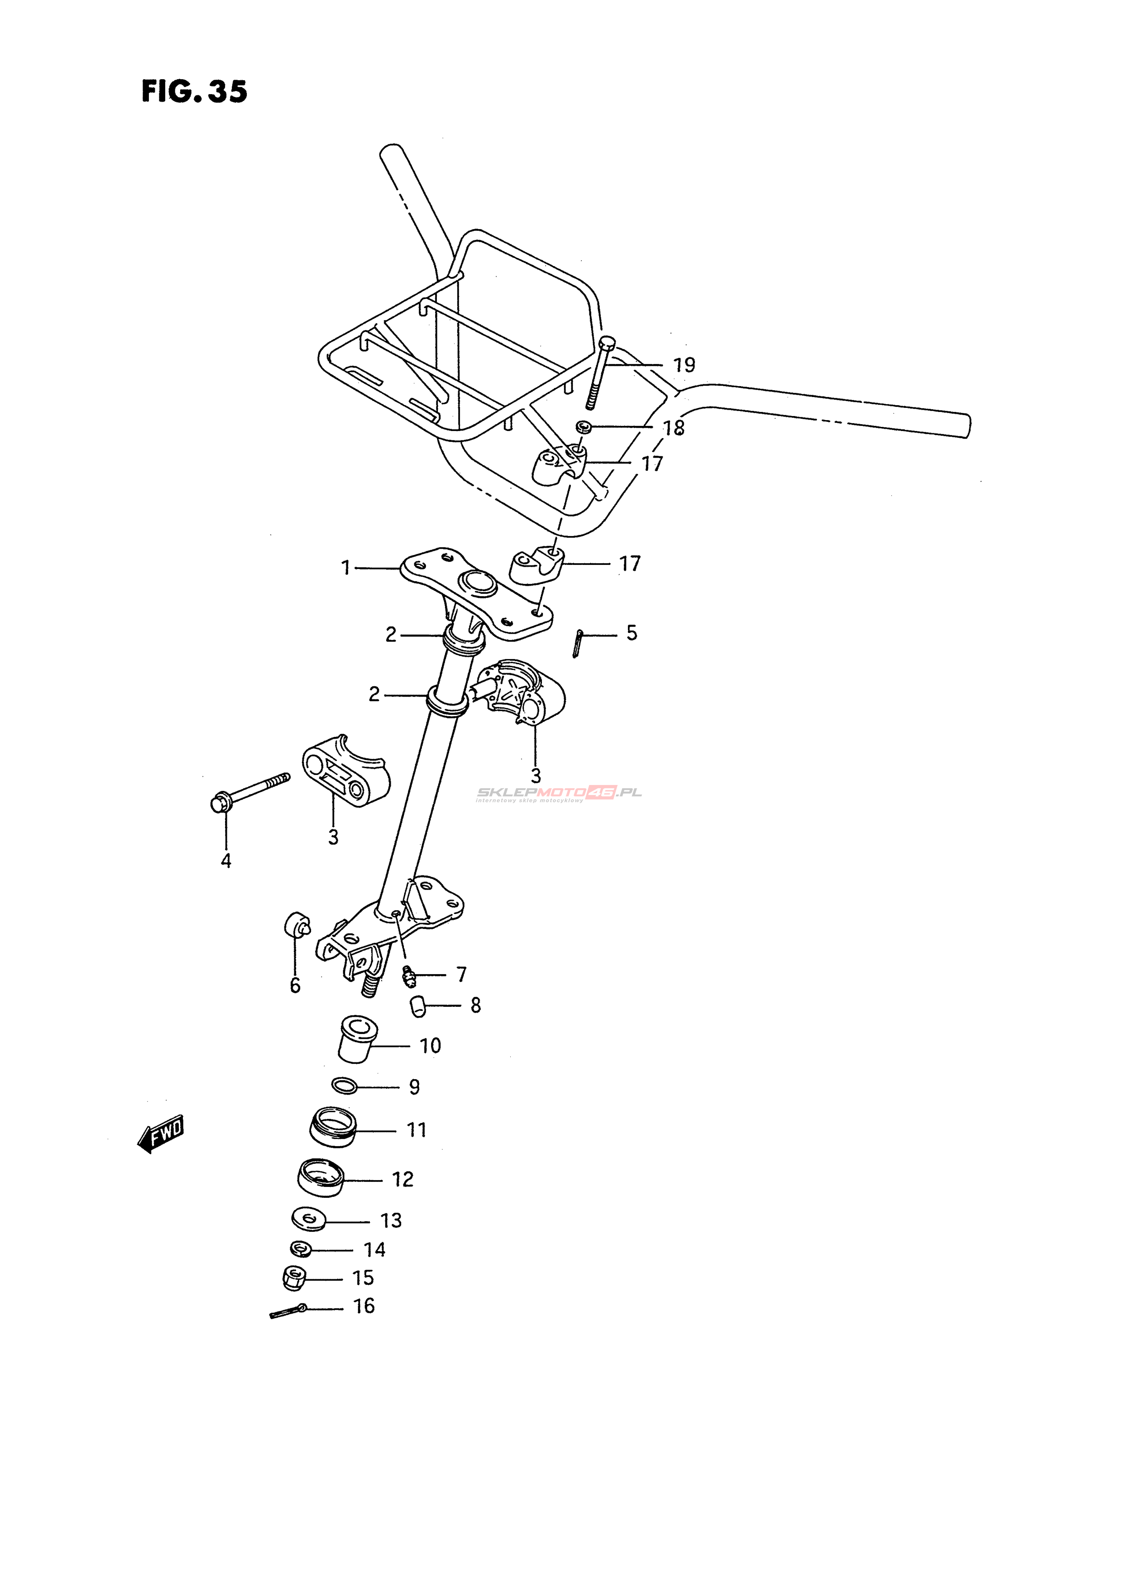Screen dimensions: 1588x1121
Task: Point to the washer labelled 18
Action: pyautogui.click(x=584, y=427)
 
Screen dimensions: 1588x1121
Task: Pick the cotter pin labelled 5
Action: pyautogui.click(x=579, y=643)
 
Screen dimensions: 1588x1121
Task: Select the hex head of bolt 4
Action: pyautogui.click(x=220, y=803)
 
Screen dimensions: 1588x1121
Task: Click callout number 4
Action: pyautogui.click(x=225, y=861)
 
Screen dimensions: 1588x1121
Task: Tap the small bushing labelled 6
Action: pyautogui.click(x=297, y=924)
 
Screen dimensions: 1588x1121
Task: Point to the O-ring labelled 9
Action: pyautogui.click(x=345, y=1086)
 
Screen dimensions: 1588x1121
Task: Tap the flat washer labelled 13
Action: pyautogui.click(x=308, y=1220)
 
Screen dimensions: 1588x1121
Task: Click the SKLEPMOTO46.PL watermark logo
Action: pyautogui.click(x=559, y=793)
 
